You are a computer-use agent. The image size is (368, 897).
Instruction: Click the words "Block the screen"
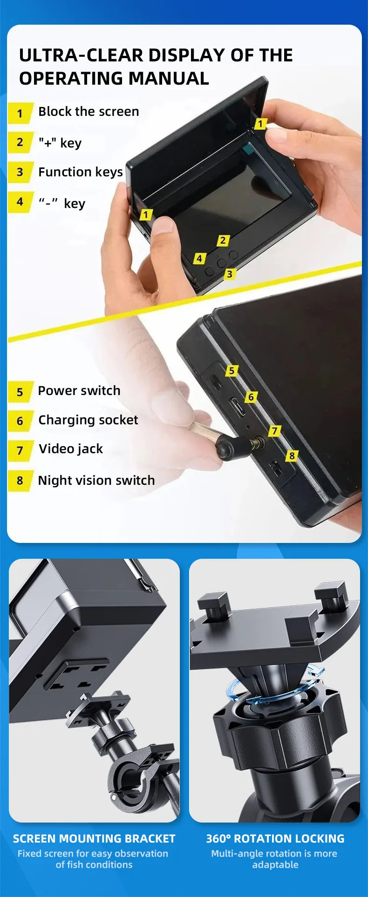pyautogui.click(x=89, y=112)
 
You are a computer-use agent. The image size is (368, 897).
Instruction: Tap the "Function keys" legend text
pyautogui.click(x=80, y=172)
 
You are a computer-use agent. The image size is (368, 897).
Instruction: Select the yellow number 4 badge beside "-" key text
pyautogui.click(x=20, y=202)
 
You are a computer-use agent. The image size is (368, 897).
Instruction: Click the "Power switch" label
pyautogui.click(x=79, y=391)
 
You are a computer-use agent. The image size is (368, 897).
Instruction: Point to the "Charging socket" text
pyautogui.click(x=88, y=420)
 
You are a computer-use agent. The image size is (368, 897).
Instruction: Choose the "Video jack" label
pyautogui.click(x=71, y=449)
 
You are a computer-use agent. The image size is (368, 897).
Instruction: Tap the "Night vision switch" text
pyautogui.click(x=96, y=481)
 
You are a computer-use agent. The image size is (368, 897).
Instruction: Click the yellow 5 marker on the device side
pyautogui.click(x=232, y=370)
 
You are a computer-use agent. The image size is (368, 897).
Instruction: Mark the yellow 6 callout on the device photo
pyautogui.click(x=251, y=397)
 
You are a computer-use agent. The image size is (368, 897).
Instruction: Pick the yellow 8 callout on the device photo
pyautogui.click(x=292, y=455)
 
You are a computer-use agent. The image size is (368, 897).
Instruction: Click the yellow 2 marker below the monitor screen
pyautogui.click(x=223, y=241)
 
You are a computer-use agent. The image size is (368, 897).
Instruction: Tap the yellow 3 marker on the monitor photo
pyautogui.click(x=229, y=274)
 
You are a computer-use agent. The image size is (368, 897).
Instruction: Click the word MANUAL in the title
pyautogui.click(x=169, y=78)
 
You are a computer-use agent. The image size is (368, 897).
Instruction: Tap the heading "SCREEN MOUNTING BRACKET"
pyautogui.click(x=94, y=838)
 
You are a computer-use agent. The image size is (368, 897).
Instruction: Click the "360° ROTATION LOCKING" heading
pyautogui.click(x=275, y=838)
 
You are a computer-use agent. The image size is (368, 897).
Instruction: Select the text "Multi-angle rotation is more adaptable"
pyautogui.click(x=274, y=859)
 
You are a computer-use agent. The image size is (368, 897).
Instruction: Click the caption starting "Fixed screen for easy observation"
pyautogui.click(x=93, y=859)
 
